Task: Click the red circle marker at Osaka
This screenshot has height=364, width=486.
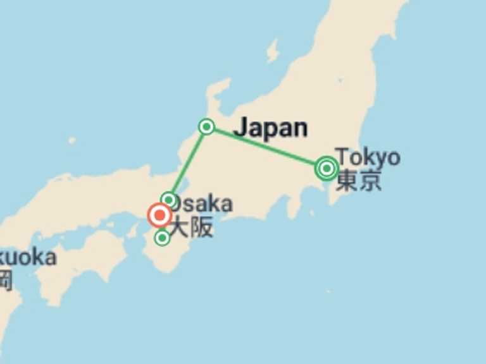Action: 159,215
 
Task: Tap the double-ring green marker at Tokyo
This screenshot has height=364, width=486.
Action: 327,168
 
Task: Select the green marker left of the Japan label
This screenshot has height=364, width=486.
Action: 206,127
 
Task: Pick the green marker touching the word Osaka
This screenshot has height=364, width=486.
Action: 168,200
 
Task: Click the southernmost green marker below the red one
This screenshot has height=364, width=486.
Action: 163,238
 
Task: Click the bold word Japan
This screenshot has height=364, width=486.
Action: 270,128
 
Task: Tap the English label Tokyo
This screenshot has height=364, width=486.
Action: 368,156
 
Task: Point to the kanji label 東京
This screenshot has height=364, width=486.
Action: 359,181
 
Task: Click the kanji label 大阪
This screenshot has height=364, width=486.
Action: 192,227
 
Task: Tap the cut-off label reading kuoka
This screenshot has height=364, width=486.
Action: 28,257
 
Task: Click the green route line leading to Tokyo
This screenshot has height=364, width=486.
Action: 266,147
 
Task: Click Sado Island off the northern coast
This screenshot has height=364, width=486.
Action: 273,51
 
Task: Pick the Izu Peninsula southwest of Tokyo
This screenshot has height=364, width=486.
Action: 294,205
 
